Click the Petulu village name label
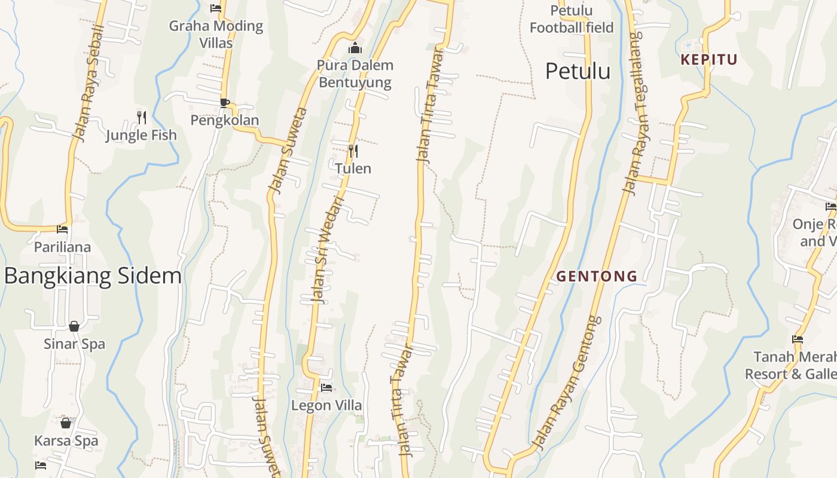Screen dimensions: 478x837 (578, 71)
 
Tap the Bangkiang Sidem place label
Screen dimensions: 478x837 (93, 275)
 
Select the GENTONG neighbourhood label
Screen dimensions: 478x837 (597, 276)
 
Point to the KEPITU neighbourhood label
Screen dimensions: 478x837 (709, 59)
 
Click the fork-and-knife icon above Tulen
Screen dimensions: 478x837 (353, 151)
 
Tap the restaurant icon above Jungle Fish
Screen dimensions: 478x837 (142, 117)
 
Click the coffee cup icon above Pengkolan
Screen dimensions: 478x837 (225, 103)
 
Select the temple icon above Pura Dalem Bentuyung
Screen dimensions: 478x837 (355, 48)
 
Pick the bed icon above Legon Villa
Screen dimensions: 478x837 (326, 388)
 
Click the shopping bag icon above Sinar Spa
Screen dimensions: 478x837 (74, 326)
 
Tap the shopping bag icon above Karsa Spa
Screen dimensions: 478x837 (66, 423)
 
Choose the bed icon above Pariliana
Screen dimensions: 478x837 (62, 229)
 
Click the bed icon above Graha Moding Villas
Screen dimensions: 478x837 (216, 8)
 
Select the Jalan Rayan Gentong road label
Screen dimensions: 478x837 (567, 382)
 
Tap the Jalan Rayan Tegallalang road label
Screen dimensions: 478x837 (634, 114)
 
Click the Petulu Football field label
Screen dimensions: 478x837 (572, 19)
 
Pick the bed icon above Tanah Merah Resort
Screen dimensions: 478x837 (798, 339)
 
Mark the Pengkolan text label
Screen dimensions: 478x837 (225, 120)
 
